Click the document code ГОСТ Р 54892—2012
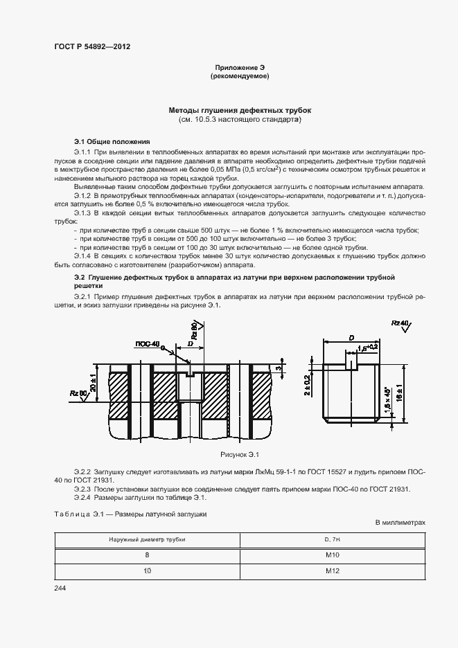(92, 46)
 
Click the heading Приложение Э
(240, 67)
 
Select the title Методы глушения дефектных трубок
(240, 110)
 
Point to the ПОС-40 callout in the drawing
(147, 343)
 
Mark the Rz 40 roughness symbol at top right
(400, 324)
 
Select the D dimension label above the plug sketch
(352, 337)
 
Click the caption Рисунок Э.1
(239, 454)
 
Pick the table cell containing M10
(332, 555)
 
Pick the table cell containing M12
(332, 572)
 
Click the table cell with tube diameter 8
(147, 555)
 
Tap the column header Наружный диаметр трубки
(147, 539)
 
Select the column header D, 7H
(332, 539)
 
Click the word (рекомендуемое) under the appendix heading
(240, 76)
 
